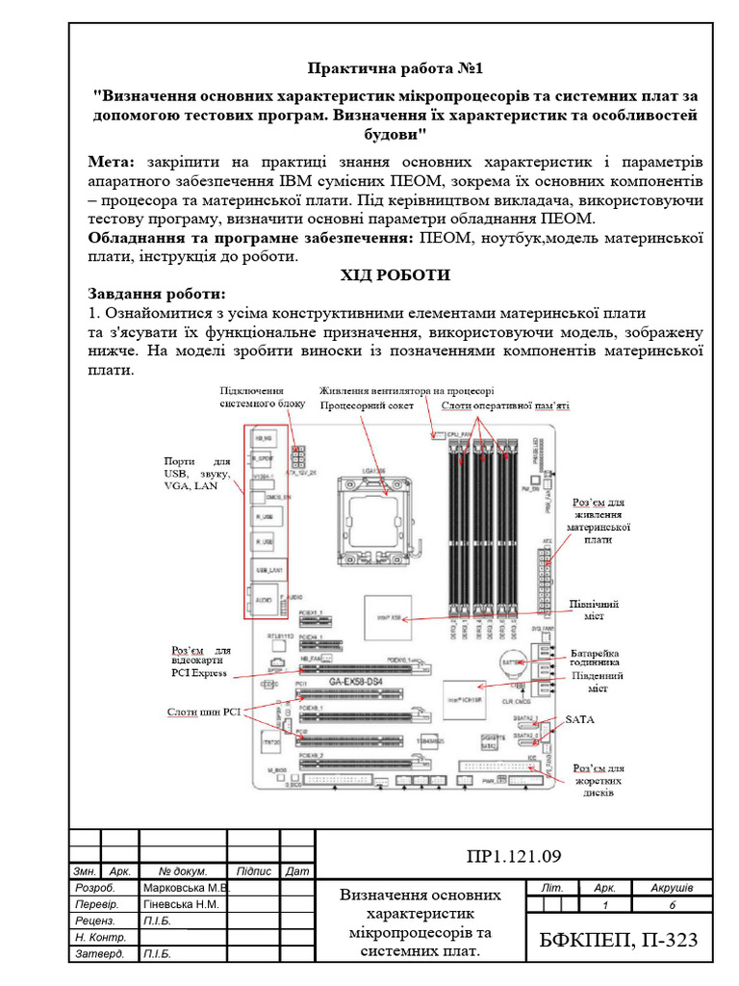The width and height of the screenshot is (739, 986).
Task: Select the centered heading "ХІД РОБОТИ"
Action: coord(395,275)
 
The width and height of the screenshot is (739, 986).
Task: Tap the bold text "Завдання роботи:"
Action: coord(158,294)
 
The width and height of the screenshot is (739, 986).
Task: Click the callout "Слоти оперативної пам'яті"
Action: coord(505,405)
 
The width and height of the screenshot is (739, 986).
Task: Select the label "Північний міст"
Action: coord(594,610)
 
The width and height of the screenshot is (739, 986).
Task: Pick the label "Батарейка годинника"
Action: coord(601,656)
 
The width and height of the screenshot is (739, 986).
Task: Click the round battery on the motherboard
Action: coord(510,663)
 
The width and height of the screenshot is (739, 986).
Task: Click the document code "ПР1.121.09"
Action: coord(513,856)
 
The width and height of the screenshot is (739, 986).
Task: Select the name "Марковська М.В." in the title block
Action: coord(185,888)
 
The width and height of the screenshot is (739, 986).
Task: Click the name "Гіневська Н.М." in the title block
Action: coord(181,905)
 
